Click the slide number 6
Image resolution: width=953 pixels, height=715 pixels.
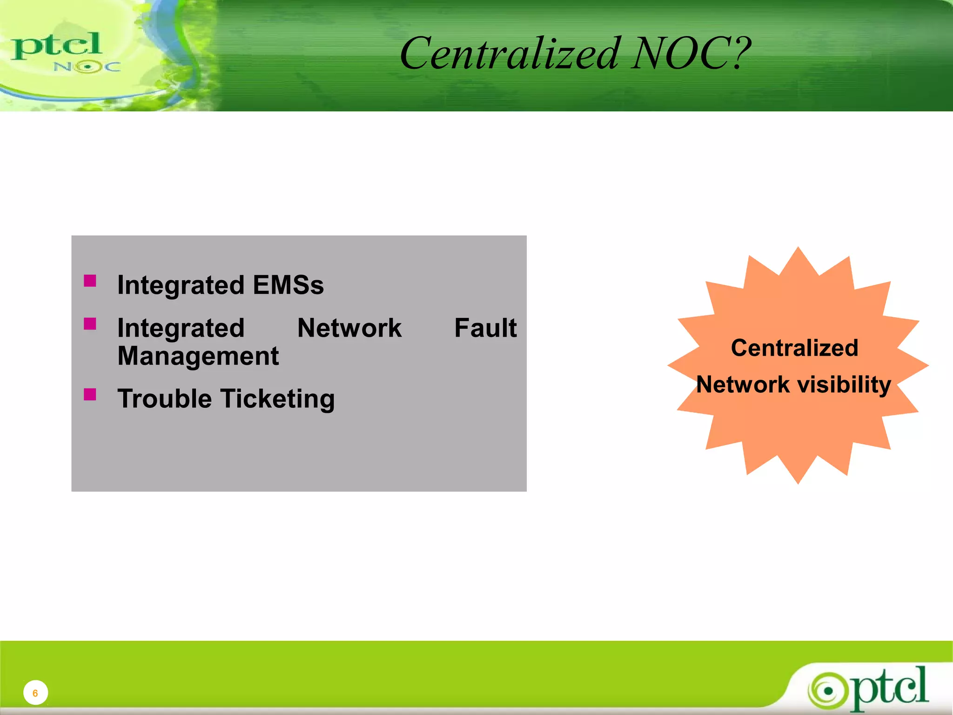click(35, 693)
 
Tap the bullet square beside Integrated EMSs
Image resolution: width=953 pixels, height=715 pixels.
click(90, 281)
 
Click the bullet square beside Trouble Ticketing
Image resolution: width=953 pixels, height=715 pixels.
click(90, 395)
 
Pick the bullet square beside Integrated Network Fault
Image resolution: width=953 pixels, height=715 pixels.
click(90, 324)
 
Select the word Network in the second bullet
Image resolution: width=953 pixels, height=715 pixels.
click(349, 328)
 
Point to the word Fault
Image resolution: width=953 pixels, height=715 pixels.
click(485, 328)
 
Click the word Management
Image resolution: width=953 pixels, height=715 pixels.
click(198, 357)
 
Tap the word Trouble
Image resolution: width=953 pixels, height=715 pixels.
click(164, 399)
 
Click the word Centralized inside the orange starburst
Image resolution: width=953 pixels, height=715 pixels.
click(794, 348)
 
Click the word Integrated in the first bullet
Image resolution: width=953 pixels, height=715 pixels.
click(181, 285)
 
